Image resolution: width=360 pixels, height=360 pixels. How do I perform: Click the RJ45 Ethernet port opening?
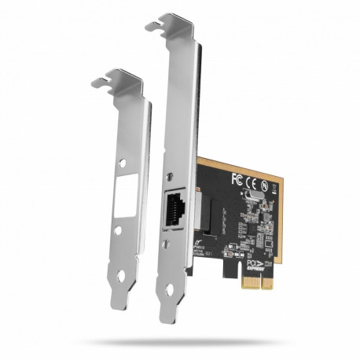pos(174,209)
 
